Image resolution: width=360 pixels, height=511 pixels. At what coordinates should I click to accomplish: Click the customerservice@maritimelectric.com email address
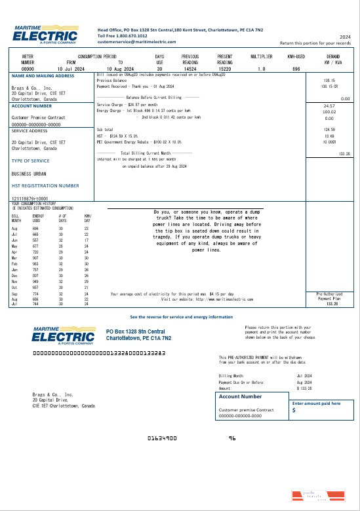click(x=132, y=41)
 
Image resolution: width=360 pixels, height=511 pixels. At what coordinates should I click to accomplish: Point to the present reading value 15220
click(x=225, y=68)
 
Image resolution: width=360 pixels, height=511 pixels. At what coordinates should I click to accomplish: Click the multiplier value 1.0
click(x=262, y=68)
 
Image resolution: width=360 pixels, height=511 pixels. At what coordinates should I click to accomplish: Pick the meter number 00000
click(x=28, y=68)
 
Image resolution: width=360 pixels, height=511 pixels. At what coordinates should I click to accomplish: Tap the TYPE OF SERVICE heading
click(x=30, y=161)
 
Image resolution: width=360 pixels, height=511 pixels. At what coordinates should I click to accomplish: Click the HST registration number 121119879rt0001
click(x=30, y=197)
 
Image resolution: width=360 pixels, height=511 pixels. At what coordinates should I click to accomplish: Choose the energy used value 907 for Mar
click(x=37, y=257)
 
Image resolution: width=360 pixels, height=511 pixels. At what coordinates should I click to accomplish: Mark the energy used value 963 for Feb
click(x=37, y=263)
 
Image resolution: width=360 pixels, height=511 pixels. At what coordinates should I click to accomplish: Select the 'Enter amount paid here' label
click(x=317, y=404)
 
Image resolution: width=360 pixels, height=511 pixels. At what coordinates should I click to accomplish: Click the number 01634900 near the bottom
click(x=161, y=437)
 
